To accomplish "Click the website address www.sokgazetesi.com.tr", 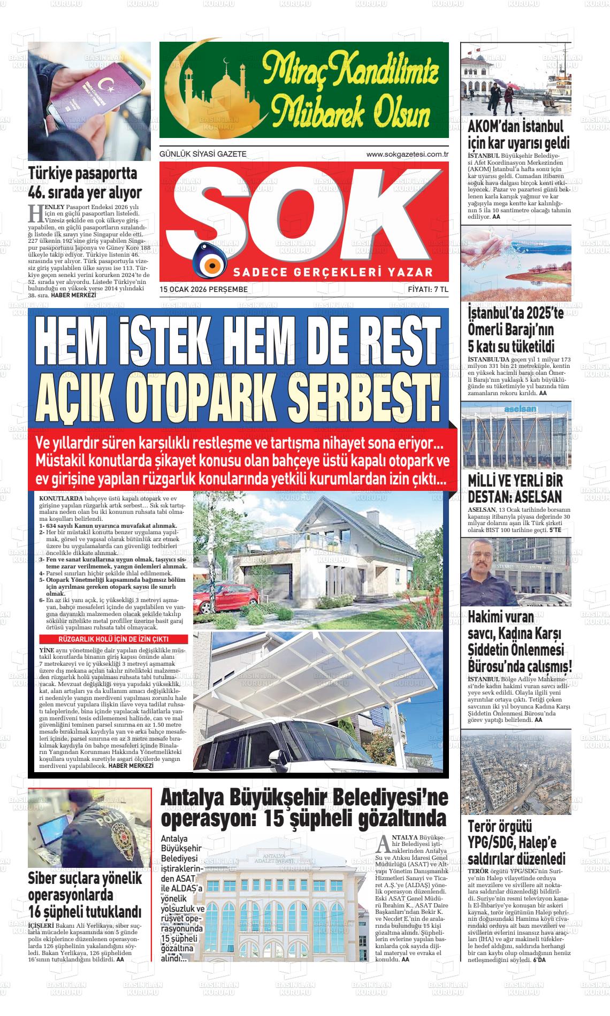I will click(407, 154).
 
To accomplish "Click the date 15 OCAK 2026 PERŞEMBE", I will click(203, 289).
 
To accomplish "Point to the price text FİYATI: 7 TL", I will click(428, 289).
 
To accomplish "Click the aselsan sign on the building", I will click(516, 409).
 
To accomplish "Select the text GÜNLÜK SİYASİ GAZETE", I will click(203, 154).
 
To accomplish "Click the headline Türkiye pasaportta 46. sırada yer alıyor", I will click(85, 182).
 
